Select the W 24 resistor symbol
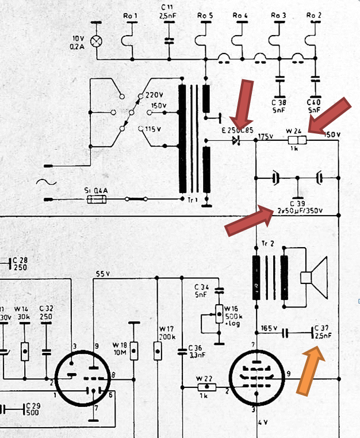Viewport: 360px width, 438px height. [x=297, y=140]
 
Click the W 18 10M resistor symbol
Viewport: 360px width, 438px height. [x=134, y=349]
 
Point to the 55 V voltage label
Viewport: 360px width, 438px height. [x=104, y=273]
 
